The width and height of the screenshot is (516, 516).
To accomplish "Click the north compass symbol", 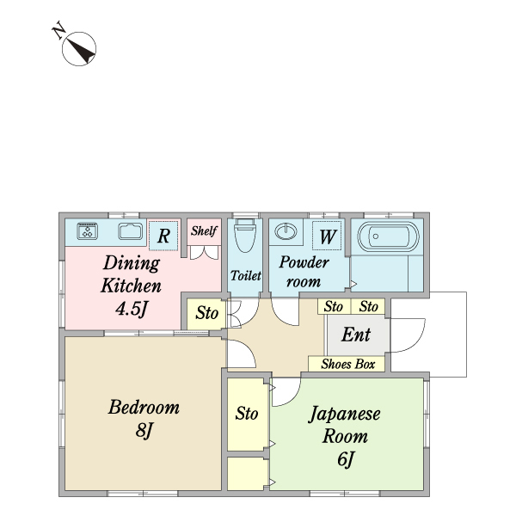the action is click(x=79, y=49).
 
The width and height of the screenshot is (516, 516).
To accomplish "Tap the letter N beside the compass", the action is click(x=58, y=30).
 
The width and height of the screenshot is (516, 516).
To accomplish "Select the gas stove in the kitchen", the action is click(x=87, y=230).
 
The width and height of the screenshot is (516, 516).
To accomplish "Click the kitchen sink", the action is click(x=131, y=231).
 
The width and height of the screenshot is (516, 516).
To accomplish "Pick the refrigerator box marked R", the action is click(x=163, y=236).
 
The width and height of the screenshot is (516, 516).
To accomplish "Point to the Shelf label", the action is click(x=204, y=230).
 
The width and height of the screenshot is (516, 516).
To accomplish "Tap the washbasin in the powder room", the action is click(x=286, y=231).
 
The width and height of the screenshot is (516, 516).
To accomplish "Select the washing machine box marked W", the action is click(x=327, y=236).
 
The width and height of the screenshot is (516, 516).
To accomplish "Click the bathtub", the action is click(x=389, y=236).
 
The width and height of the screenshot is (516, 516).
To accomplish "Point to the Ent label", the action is click(x=356, y=335).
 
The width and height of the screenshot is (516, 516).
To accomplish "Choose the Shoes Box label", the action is click(x=348, y=364).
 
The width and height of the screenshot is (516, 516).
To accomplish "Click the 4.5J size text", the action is click(x=132, y=309).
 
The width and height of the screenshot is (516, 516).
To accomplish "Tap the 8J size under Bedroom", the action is click(x=144, y=430).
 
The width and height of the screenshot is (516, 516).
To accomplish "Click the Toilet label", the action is click(x=245, y=275).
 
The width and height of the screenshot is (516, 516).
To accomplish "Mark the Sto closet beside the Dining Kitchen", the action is click(x=206, y=313).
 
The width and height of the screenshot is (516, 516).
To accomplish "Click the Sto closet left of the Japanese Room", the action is click(x=247, y=414).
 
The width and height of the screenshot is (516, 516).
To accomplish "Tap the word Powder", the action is click(x=304, y=262).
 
